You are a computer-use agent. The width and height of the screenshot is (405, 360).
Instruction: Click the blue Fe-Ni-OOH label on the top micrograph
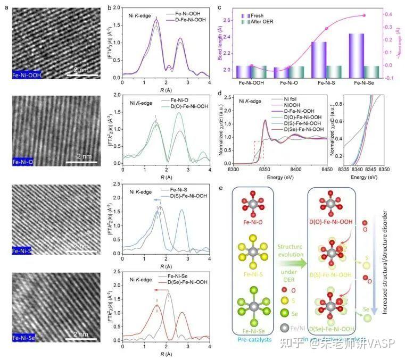coord(27,75)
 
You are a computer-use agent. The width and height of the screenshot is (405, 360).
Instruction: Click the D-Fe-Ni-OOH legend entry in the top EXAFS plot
coord(183,19)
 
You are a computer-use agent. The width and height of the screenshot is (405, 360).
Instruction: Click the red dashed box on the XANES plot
coord(258,150)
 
